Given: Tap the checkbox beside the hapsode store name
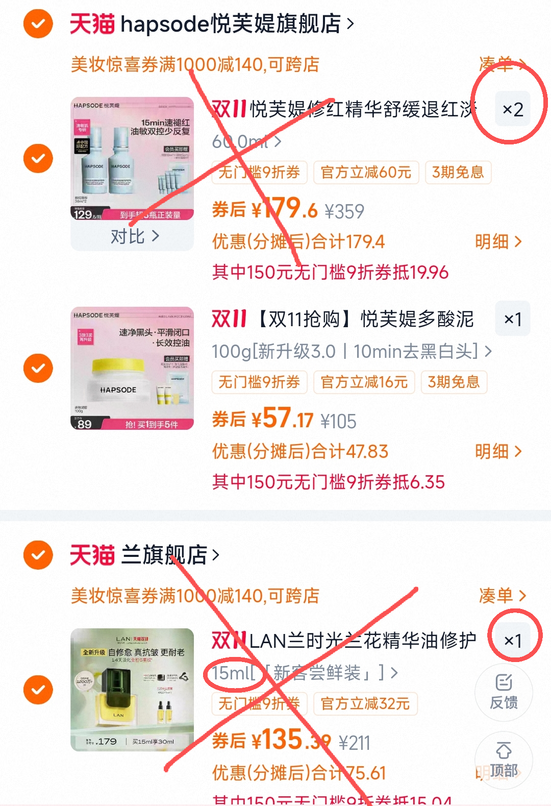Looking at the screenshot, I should click(38, 23).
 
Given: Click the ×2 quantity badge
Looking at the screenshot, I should click(513, 109).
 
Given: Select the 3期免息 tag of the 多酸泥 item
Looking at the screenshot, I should click(454, 382).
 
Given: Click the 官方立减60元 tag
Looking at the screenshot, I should click(366, 173).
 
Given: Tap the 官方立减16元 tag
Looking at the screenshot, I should click(364, 382).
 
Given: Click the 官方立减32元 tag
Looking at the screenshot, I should click(365, 704).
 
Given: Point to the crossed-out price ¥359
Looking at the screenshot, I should click(344, 211).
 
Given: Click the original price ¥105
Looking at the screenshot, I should click(338, 421).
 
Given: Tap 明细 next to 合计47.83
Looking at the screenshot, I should click(498, 451).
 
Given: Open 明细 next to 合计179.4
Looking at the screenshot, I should click(498, 241).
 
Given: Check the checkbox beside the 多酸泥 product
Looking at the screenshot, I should click(38, 368).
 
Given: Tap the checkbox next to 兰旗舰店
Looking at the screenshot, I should click(38, 555).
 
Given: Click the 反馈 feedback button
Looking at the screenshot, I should click(504, 692).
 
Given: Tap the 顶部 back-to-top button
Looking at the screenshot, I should click(504, 760).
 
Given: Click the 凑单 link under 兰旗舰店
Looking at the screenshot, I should click(502, 596).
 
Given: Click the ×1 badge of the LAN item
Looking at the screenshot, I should click(513, 641).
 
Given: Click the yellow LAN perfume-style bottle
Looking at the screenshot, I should click(118, 699).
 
